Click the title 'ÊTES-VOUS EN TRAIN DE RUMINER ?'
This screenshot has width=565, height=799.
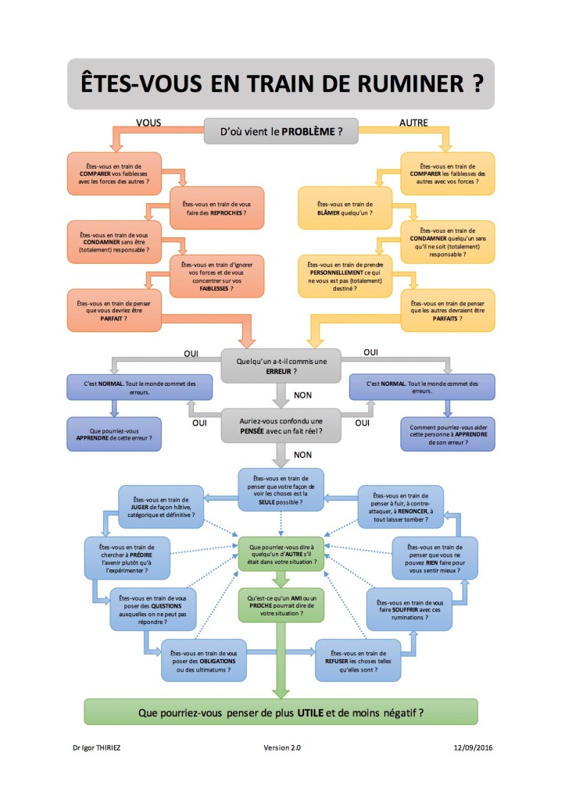point(281,83)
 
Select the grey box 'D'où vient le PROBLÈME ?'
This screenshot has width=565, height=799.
point(281,131)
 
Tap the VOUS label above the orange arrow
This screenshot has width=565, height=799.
point(149,123)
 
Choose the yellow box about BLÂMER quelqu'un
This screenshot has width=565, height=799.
point(345,207)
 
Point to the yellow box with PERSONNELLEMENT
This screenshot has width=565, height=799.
point(345,276)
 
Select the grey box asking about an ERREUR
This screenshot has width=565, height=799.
point(281,366)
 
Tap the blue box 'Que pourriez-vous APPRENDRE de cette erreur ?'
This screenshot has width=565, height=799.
point(115,433)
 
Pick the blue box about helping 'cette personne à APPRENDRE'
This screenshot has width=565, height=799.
point(448,433)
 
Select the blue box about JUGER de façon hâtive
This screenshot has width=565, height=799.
point(161,508)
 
